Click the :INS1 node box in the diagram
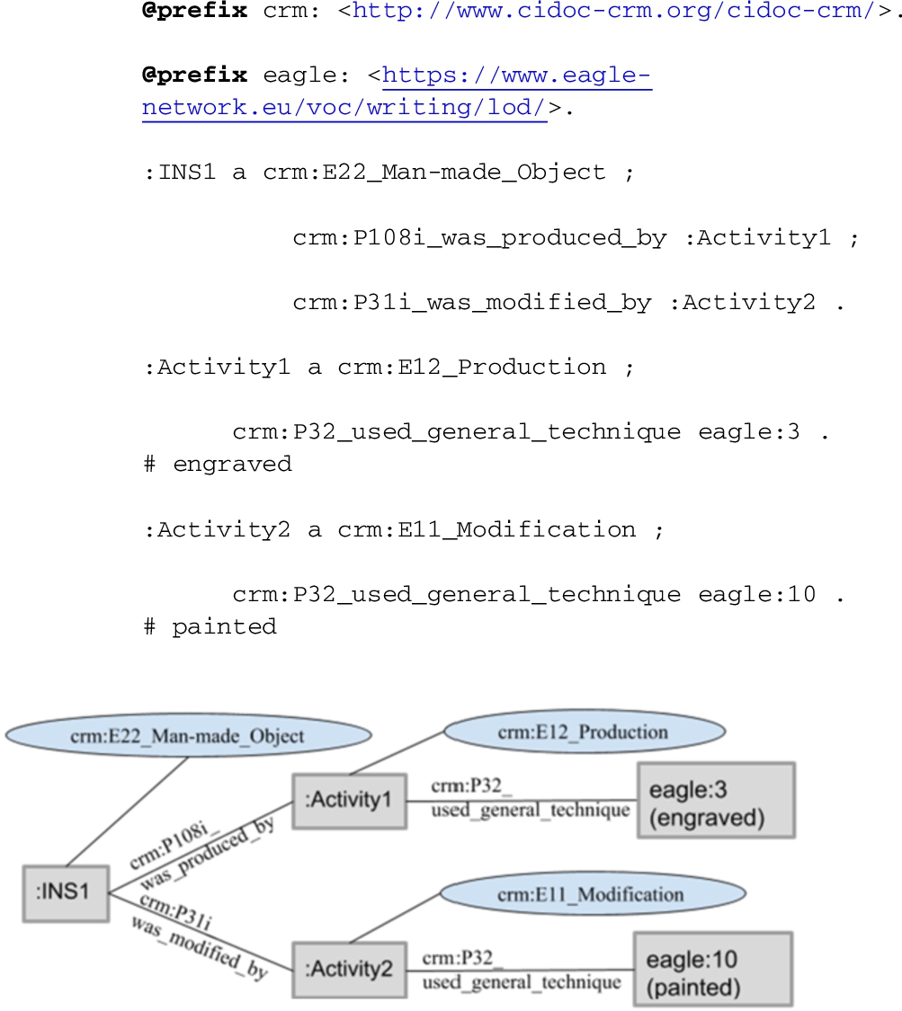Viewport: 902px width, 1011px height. [x=66, y=893]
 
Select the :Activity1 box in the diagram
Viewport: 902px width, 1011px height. [x=349, y=801]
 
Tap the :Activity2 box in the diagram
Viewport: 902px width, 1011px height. [x=349, y=970]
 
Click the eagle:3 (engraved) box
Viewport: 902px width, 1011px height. [x=716, y=800]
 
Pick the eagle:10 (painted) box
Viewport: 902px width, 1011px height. [x=713, y=969]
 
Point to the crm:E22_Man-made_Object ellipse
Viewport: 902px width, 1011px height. [x=188, y=735]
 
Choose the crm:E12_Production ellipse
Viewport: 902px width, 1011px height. [x=585, y=732]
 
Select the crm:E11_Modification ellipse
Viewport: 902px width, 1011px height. [x=593, y=893]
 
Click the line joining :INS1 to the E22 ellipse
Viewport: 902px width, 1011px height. [x=127, y=811]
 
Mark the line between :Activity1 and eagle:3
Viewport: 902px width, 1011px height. [x=522, y=801]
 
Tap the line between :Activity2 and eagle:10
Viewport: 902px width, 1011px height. [x=520, y=970]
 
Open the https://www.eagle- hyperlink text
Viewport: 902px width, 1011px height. [x=517, y=75]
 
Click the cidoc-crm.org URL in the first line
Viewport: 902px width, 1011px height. [x=613, y=11]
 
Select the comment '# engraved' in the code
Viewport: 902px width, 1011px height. [x=218, y=464]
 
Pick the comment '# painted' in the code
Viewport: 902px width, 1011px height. [x=210, y=626]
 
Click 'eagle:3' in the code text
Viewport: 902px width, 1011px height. [x=749, y=431]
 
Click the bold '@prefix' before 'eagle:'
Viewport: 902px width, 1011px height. [x=195, y=75]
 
